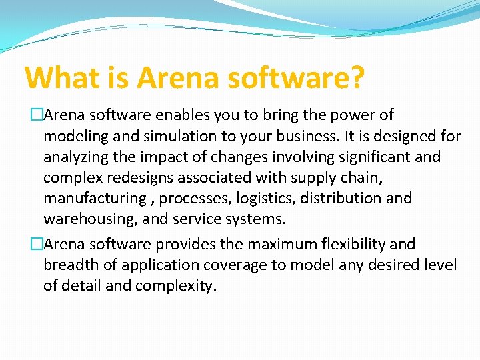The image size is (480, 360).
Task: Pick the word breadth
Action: [67, 265]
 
